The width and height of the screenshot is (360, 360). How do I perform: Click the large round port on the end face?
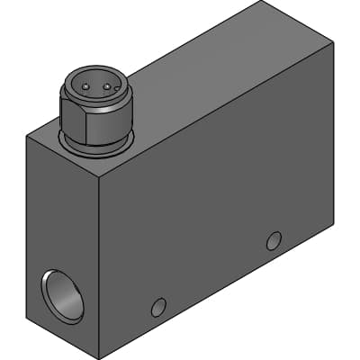[x=61, y=294]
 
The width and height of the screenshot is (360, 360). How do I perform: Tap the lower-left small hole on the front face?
[x=158, y=307]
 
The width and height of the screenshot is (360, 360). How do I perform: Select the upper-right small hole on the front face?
[x=274, y=240]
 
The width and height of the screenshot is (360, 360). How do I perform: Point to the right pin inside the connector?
[x=107, y=87]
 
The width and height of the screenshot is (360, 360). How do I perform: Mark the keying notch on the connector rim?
[x=95, y=77]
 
